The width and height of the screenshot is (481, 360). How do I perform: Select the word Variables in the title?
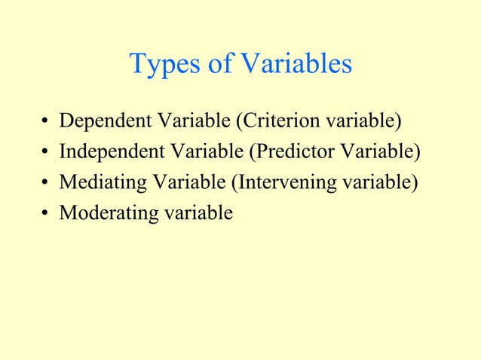[296, 65]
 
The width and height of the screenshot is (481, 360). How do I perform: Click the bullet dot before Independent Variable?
[47, 154]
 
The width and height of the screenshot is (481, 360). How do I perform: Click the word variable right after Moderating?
[194, 214]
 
